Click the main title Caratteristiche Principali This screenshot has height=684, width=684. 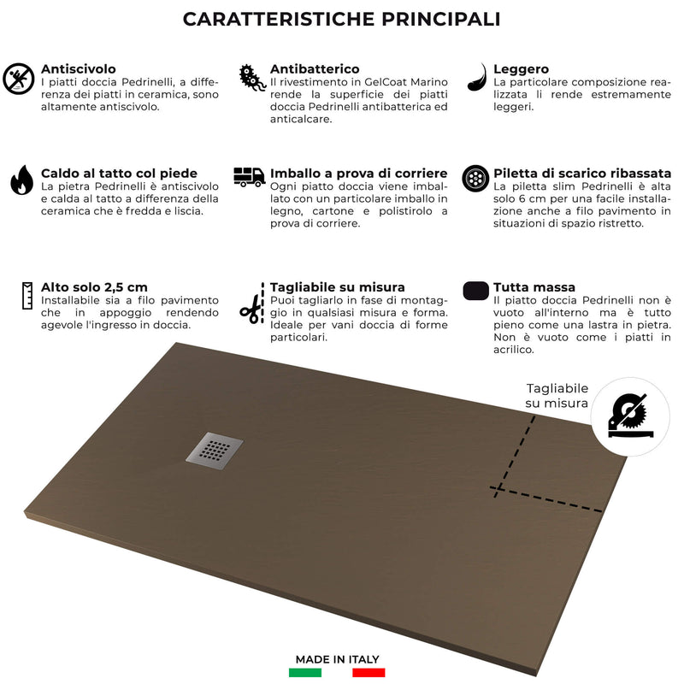tap(342, 19)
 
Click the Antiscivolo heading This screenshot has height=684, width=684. tap(79, 68)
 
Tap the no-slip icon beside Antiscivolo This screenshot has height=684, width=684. tap(19, 78)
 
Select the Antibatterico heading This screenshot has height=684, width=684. tap(315, 68)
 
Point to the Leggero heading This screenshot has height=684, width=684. tap(522, 68)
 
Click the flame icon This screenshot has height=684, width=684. tap(21, 180)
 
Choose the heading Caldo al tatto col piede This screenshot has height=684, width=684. tap(119, 173)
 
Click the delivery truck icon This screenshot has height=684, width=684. tap(249, 177)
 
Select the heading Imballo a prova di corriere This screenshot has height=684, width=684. tap(358, 173)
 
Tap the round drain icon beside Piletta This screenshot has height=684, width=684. tap(475, 179)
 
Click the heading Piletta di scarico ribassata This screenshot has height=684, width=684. tap(582, 173)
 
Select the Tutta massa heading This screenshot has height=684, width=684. tap(534, 287)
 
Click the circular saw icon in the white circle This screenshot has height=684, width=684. tap(625, 415)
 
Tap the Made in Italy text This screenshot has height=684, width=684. tap(337, 659)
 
